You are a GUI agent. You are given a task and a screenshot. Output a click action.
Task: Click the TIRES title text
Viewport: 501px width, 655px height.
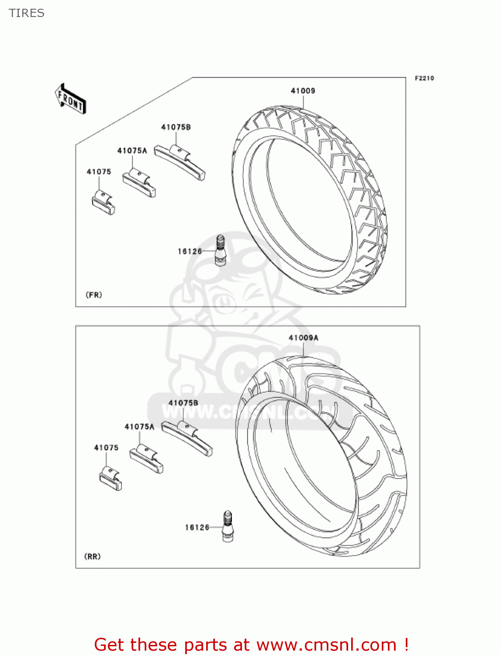pyautogui.click(x=27, y=13)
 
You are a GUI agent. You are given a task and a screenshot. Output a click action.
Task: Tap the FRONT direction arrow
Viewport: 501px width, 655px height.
pyautogui.click(x=70, y=99)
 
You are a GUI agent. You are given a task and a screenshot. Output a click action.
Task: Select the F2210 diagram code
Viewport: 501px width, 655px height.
pyautogui.click(x=424, y=78)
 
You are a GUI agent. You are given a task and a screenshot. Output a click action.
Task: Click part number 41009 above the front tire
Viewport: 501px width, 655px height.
pyautogui.click(x=303, y=91)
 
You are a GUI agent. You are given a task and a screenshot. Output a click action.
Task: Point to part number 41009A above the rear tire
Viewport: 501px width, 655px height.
pyautogui.click(x=303, y=338)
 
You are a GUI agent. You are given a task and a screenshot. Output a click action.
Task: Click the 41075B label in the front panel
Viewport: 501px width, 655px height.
pyautogui.click(x=176, y=127)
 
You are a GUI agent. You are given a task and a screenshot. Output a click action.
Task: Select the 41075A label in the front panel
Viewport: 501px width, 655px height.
pyautogui.click(x=132, y=151)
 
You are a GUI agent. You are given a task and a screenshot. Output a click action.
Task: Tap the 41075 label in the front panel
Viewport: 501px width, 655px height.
pyautogui.click(x=99, y=172)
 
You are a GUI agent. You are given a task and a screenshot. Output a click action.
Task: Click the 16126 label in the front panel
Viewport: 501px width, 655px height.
pyautogui.click(x=190, y=251)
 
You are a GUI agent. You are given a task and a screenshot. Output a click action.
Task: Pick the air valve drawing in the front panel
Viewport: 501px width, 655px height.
pyautogui.click(x=221, y=250)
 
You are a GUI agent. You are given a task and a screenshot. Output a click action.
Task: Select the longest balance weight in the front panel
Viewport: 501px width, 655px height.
pyautogui.click(x=180, y=162)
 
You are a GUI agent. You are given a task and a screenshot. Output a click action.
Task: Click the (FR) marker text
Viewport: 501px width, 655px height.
pyautogui.click(x=94, y=295)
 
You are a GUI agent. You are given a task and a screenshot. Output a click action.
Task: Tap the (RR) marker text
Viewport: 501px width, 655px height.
pyautogui.click(x=92, y=556)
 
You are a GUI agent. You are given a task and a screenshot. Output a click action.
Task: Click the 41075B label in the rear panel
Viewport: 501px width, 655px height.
pyautogui.click(x=183, y=403)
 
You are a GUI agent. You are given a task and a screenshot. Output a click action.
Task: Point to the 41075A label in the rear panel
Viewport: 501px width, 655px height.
pyautogui.click(x=139, y=427)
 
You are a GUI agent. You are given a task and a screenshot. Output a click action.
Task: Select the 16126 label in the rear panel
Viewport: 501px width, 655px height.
pyautogui.click(x=197, y=527)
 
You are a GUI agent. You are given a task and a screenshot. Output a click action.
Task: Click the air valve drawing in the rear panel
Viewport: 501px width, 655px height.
pyautogui.click(x=228, y=527)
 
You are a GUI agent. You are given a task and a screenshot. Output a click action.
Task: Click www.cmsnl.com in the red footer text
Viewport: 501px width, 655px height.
pyautogui.click(x=326, y=645)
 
